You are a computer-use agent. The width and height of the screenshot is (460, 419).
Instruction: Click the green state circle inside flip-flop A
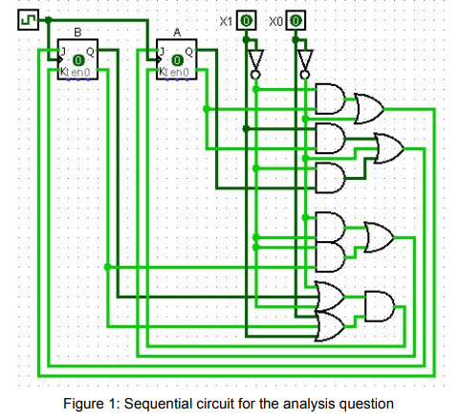click(177, 63)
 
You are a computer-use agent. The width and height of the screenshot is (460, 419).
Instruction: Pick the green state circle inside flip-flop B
click(77, 63)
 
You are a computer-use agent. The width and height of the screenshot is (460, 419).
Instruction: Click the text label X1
click(228, 20)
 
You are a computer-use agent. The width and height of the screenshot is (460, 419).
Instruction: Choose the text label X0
click(277, 20)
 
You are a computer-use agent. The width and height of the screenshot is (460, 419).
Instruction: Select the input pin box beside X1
click(247, 20)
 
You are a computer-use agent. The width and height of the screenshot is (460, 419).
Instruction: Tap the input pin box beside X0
click(296, 20)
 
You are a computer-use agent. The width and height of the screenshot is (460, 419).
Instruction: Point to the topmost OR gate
click(367, 108)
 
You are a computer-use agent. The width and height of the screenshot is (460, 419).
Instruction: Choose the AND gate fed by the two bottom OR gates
click(379, 307)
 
